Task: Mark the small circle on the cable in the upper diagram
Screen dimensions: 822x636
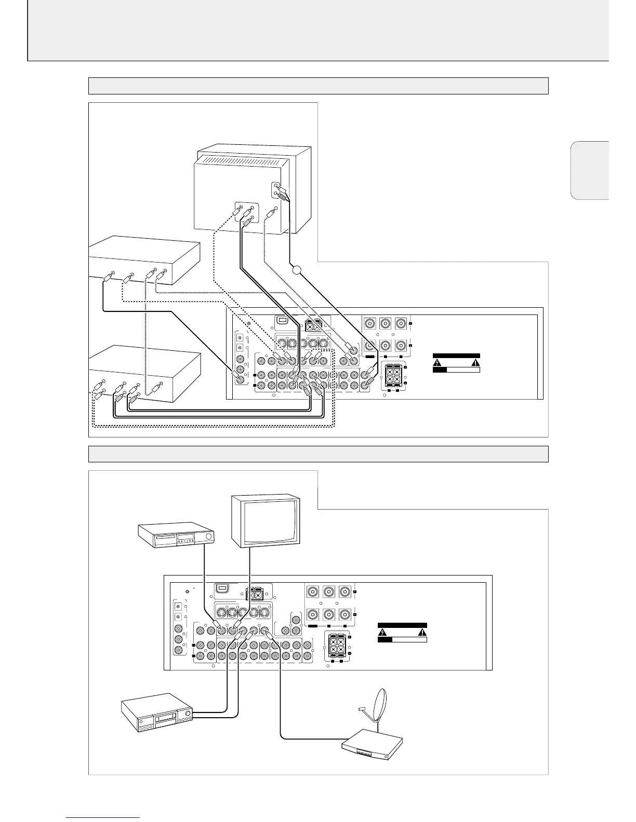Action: tap(297, 269)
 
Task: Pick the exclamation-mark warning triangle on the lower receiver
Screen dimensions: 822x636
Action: tap(421, 632)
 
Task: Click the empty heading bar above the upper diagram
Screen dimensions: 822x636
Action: tap(318, 86)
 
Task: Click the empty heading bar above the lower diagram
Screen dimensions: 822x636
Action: tap(318, 454)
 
